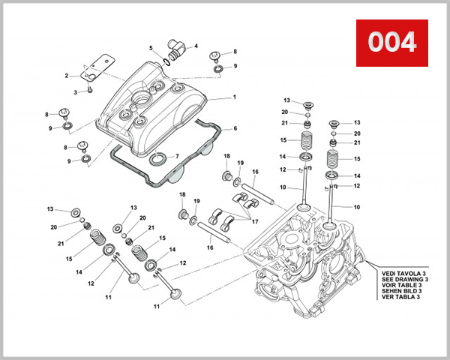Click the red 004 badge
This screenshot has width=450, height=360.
pos(391,42)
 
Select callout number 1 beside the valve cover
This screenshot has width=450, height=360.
pos(233,97)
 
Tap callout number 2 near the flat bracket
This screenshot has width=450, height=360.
pos(67,75)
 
